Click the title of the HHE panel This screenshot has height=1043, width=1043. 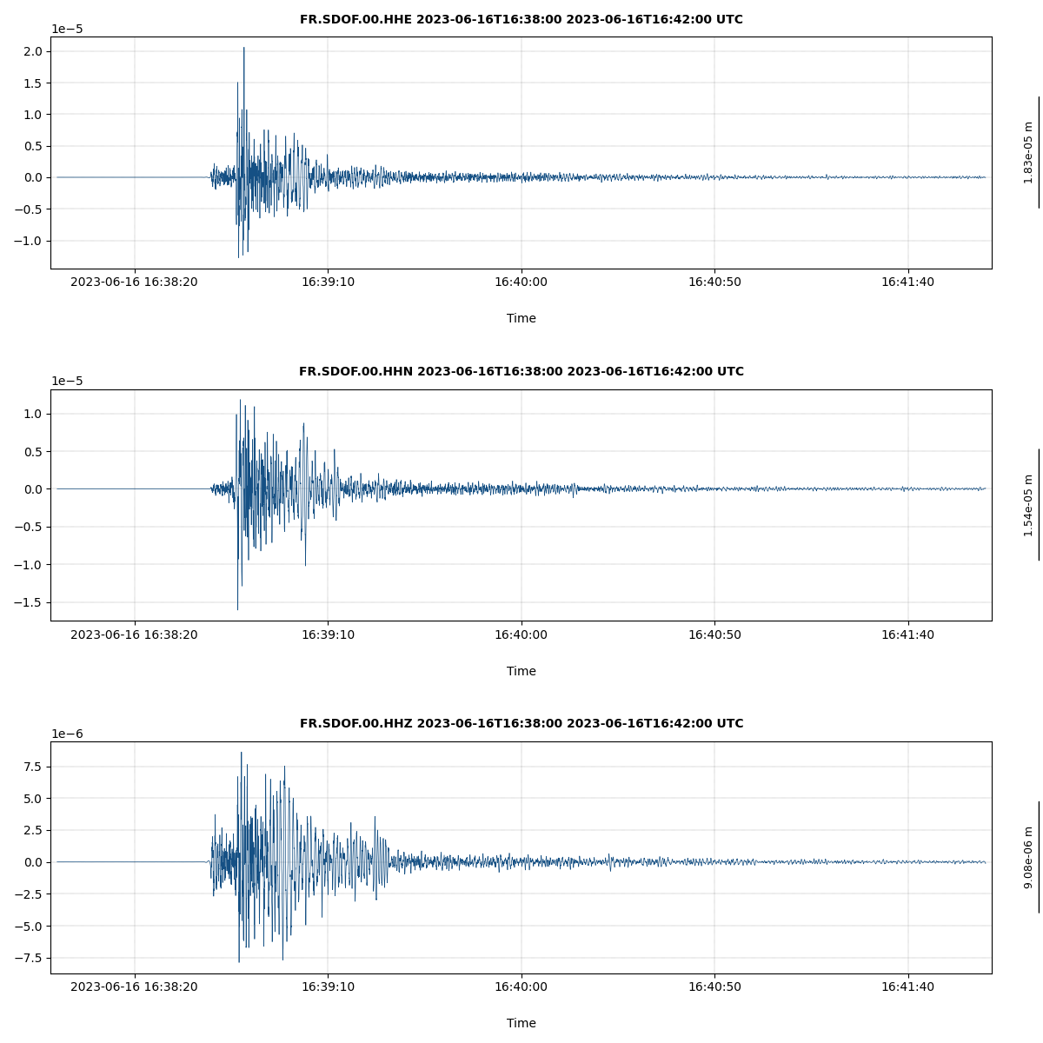pos(521,19)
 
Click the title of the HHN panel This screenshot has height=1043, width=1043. pos(521,371)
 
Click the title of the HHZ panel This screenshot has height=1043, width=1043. pos(521,723)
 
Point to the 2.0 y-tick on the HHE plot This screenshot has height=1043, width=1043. pos(33,51)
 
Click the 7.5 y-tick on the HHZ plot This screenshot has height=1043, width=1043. pos(33,767)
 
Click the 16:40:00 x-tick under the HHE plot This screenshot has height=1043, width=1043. pos(521,282)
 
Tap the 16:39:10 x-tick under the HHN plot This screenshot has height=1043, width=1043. pos(328,634)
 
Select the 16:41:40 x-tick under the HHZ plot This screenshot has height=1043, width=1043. pos(907,987)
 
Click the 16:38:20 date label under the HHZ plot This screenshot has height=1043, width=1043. pos(134,987)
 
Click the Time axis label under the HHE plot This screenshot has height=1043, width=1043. pos(521,318)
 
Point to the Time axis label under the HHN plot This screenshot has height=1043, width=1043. pos(521,671)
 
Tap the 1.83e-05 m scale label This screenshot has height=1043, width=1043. pos(1028,152)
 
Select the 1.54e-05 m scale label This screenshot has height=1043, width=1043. pos(1028,505)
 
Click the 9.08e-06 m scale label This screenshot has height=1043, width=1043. pos(1028,857)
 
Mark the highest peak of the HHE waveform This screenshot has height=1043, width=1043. pos(243,48)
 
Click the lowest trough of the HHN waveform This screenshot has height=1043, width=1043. pos(237,609)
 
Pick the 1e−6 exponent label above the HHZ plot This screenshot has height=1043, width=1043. pos(67,734)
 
